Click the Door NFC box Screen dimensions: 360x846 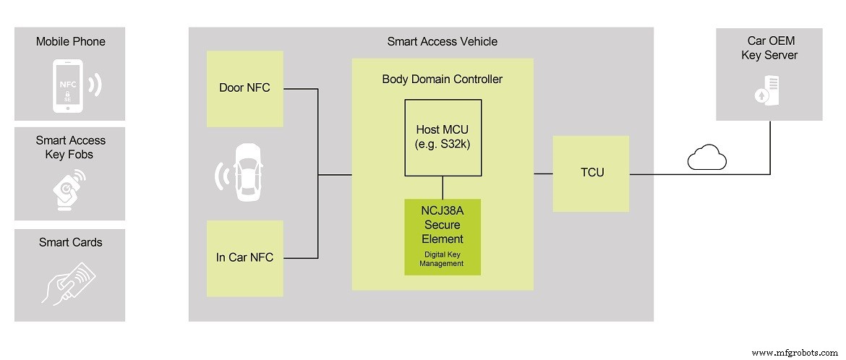[244, 88]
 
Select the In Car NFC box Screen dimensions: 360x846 [244, 257]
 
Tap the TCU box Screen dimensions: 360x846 [591, 173]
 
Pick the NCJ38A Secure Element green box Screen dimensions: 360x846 [443, 236]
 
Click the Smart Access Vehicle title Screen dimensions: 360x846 [442, 41]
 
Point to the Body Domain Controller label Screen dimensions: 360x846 [442, 79]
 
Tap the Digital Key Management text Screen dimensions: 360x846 [442, 259]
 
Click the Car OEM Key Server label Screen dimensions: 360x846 [769, 48]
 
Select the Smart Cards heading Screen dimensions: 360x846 [70, 242]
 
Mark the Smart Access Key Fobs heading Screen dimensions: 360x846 [70, 147]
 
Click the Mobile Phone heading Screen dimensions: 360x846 [70, 41]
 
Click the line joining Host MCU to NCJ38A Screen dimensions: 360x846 [443, 187]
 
